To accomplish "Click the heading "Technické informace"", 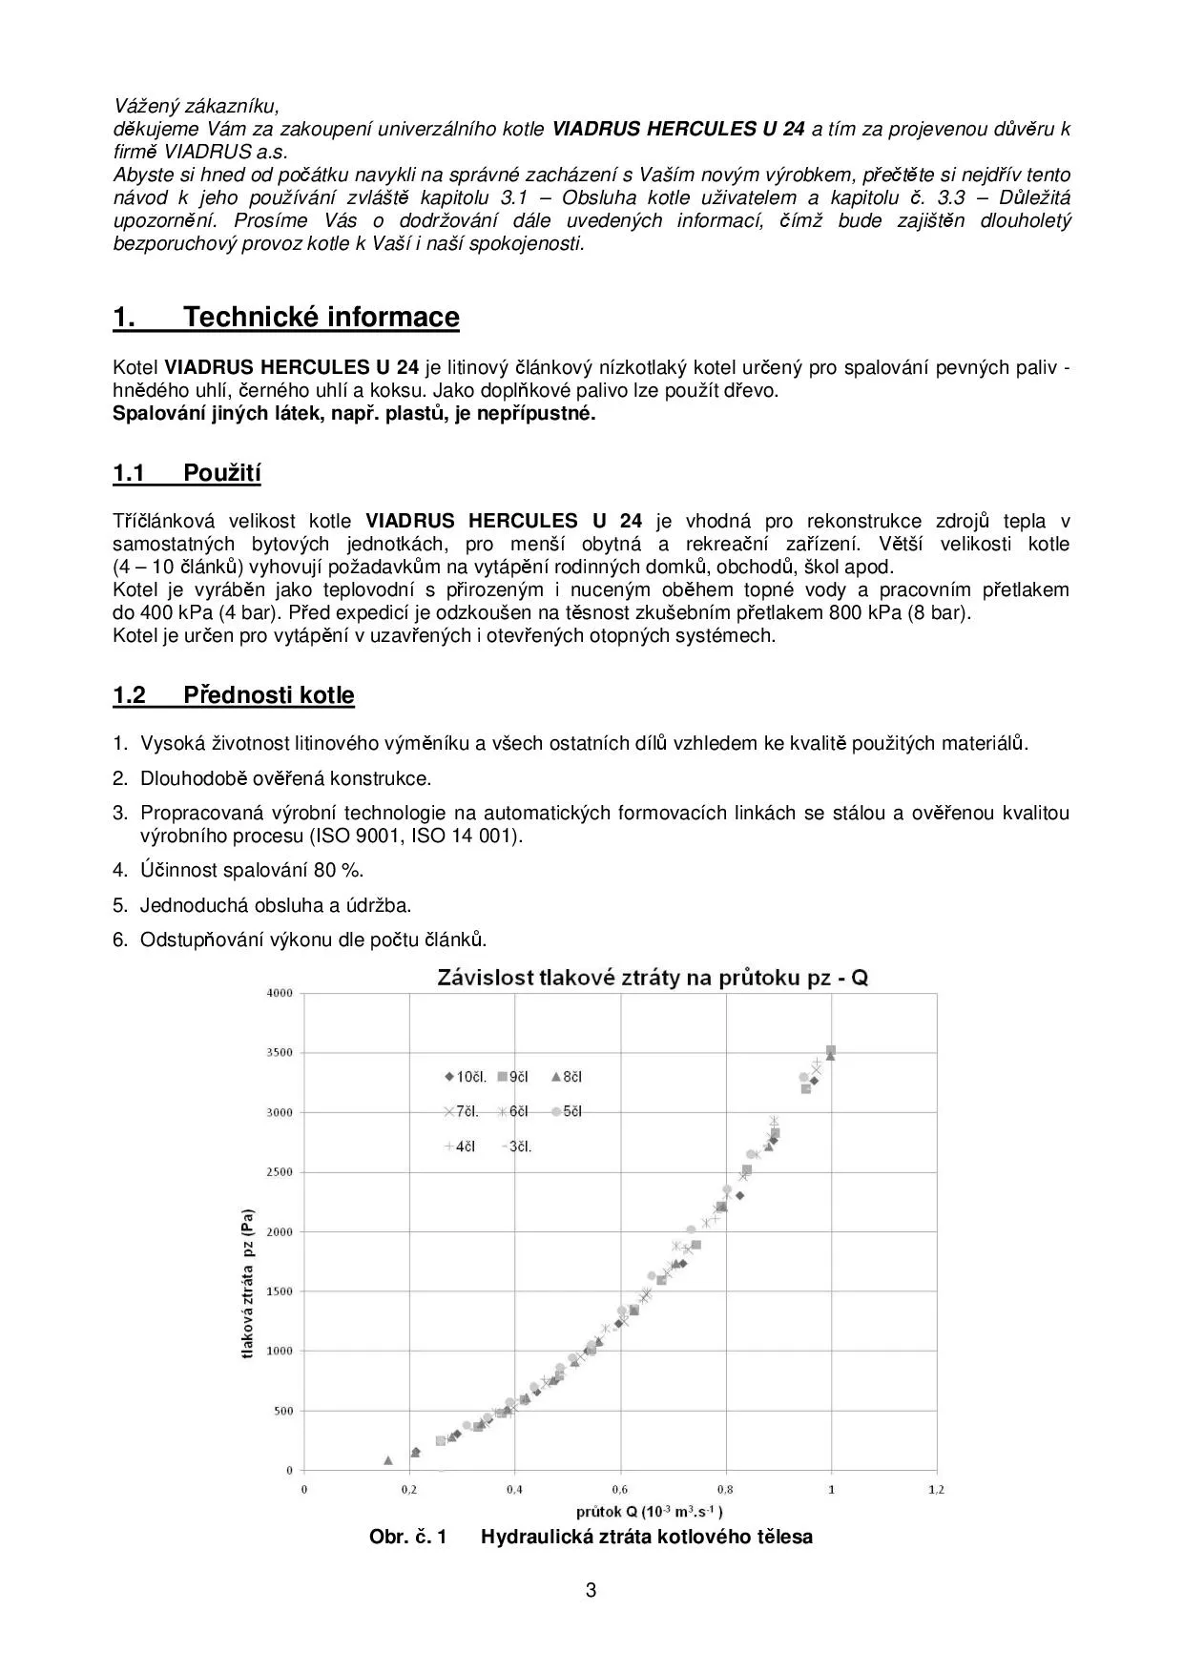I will pyautogui.click(x=321, y=317).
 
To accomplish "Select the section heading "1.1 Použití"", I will pyautogui.click(x=187, y=473).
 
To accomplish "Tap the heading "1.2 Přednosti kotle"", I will pyautogui.click(x=234, y=694).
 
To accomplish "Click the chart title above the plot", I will pyautogui.click(x=652, y=978).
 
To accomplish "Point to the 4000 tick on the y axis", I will pyautogui.click(x=280, y=993).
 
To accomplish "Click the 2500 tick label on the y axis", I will pyautogui.click(x=280, y=1172).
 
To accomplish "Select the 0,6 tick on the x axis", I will pyautogui.click(x=620, y=1489).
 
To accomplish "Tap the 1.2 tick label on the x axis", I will pyautogui.click(x=936, y=1489).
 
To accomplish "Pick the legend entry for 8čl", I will pyautogui.click(x=567, y=1077).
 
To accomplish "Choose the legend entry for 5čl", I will pyautogui.click(x=567, y=1111).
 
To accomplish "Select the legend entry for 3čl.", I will pyautogui.click(x=516, y=1146).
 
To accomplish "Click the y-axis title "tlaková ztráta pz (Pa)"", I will pyautogui.click(x=248, y=1285).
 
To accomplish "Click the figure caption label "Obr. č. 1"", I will pyautogui.click(x=407, y=1537).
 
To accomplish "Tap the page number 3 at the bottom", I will pyautogui.click(x=591, y=1590).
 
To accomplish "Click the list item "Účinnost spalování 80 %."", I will pyautogui.click(x=252, y=870).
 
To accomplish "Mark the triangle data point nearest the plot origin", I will pyautogui.click(x=387, y=1459).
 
